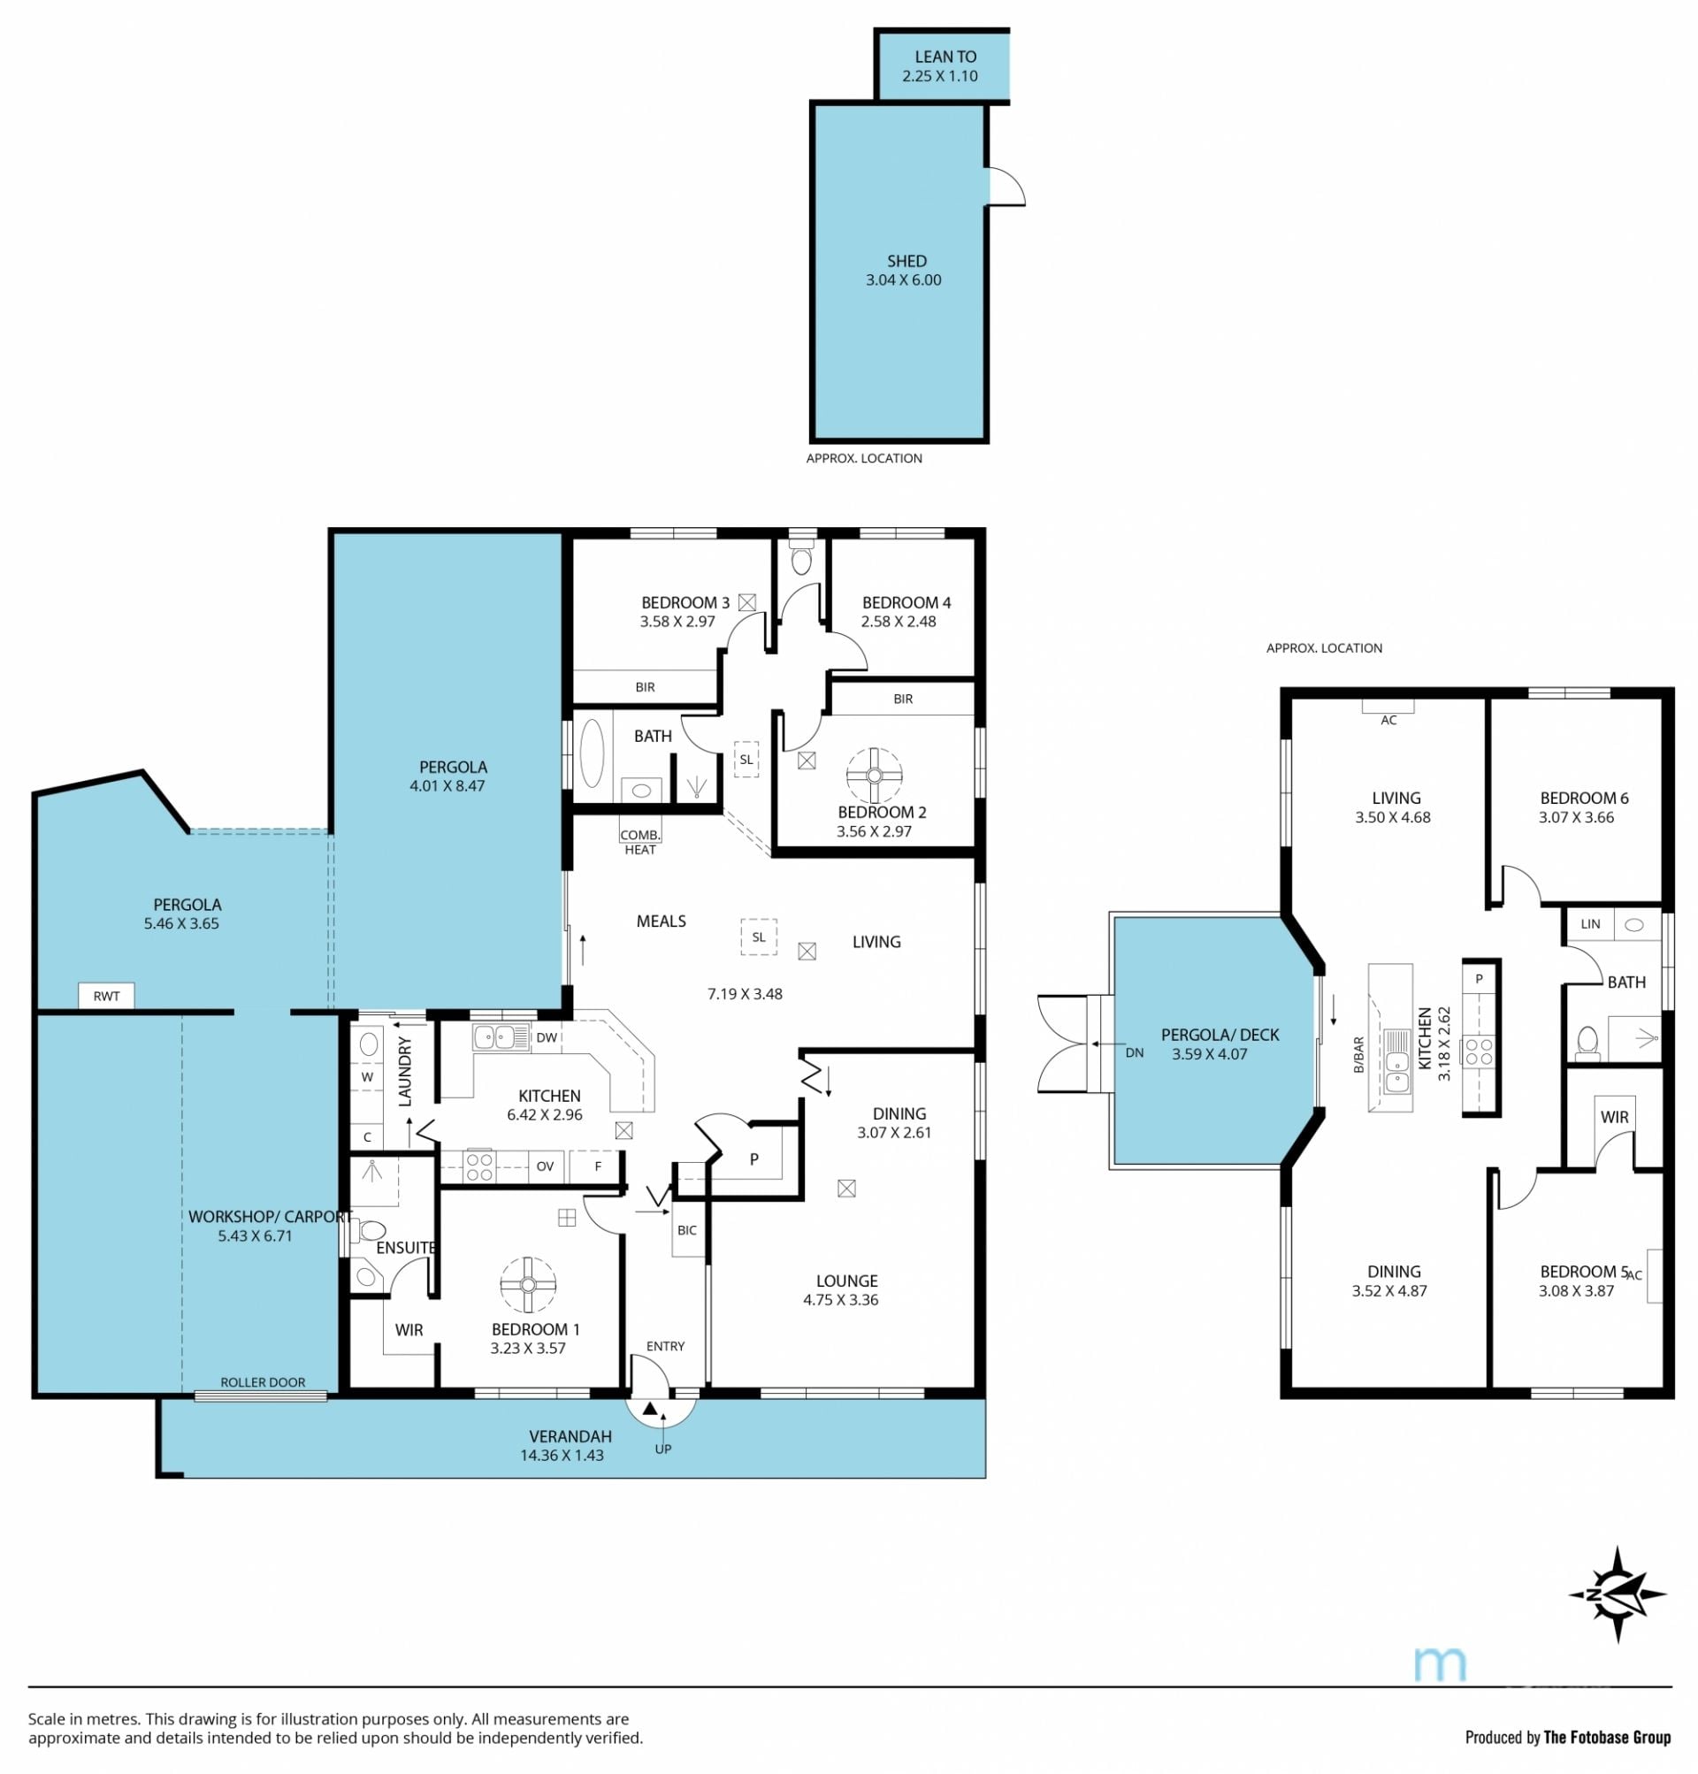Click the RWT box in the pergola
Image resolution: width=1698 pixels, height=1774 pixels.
coord(106,996)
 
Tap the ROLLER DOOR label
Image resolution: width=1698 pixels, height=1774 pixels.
coord(263,1382)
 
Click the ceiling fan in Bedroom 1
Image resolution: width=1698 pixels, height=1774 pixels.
coord(528,1284)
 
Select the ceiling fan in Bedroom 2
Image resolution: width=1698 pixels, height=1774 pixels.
coord(874,775)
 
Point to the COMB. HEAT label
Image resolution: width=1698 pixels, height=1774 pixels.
coord(640,842)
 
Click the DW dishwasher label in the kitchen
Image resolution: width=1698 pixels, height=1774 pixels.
coord(547,1037)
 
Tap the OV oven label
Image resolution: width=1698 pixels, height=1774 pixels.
coord(545,1166)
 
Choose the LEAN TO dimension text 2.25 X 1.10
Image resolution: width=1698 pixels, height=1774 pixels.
coord(939,76)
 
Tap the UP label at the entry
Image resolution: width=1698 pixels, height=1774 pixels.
coord(663,1449)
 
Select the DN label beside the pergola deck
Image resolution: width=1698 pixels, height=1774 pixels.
coord(1134,1051)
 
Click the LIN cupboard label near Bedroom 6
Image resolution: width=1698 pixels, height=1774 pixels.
coord(1590,924)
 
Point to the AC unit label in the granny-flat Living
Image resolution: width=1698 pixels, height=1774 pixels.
coord(1388,721)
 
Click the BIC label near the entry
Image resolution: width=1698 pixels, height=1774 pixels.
coord(687,1230)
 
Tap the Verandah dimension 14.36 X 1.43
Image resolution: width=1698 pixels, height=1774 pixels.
coord(562,1456)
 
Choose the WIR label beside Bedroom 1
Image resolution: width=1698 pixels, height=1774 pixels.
coord(409,1329)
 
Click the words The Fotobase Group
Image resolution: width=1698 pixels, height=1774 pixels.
coord(1608,1737)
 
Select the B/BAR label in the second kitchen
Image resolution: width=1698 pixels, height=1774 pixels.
coord(1358,1055)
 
